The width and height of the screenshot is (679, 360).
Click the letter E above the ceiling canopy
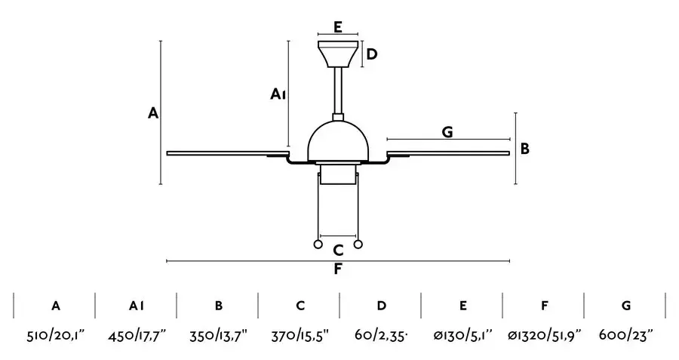pos(338,27)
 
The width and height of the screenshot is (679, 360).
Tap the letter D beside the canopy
pos(372,54)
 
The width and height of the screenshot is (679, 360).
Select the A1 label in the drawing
pos(278,94)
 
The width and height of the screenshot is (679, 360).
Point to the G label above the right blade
pos(447,131)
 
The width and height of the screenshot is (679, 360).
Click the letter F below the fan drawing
pos(338,269)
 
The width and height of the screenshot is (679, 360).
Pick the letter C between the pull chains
pos(338,250)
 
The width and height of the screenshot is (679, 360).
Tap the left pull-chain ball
pos(318,245)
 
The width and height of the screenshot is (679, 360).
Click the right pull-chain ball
pos(358,245)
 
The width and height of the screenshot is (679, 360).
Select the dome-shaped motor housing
pos(338,141)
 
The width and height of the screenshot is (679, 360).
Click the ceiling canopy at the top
pos(338,54)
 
